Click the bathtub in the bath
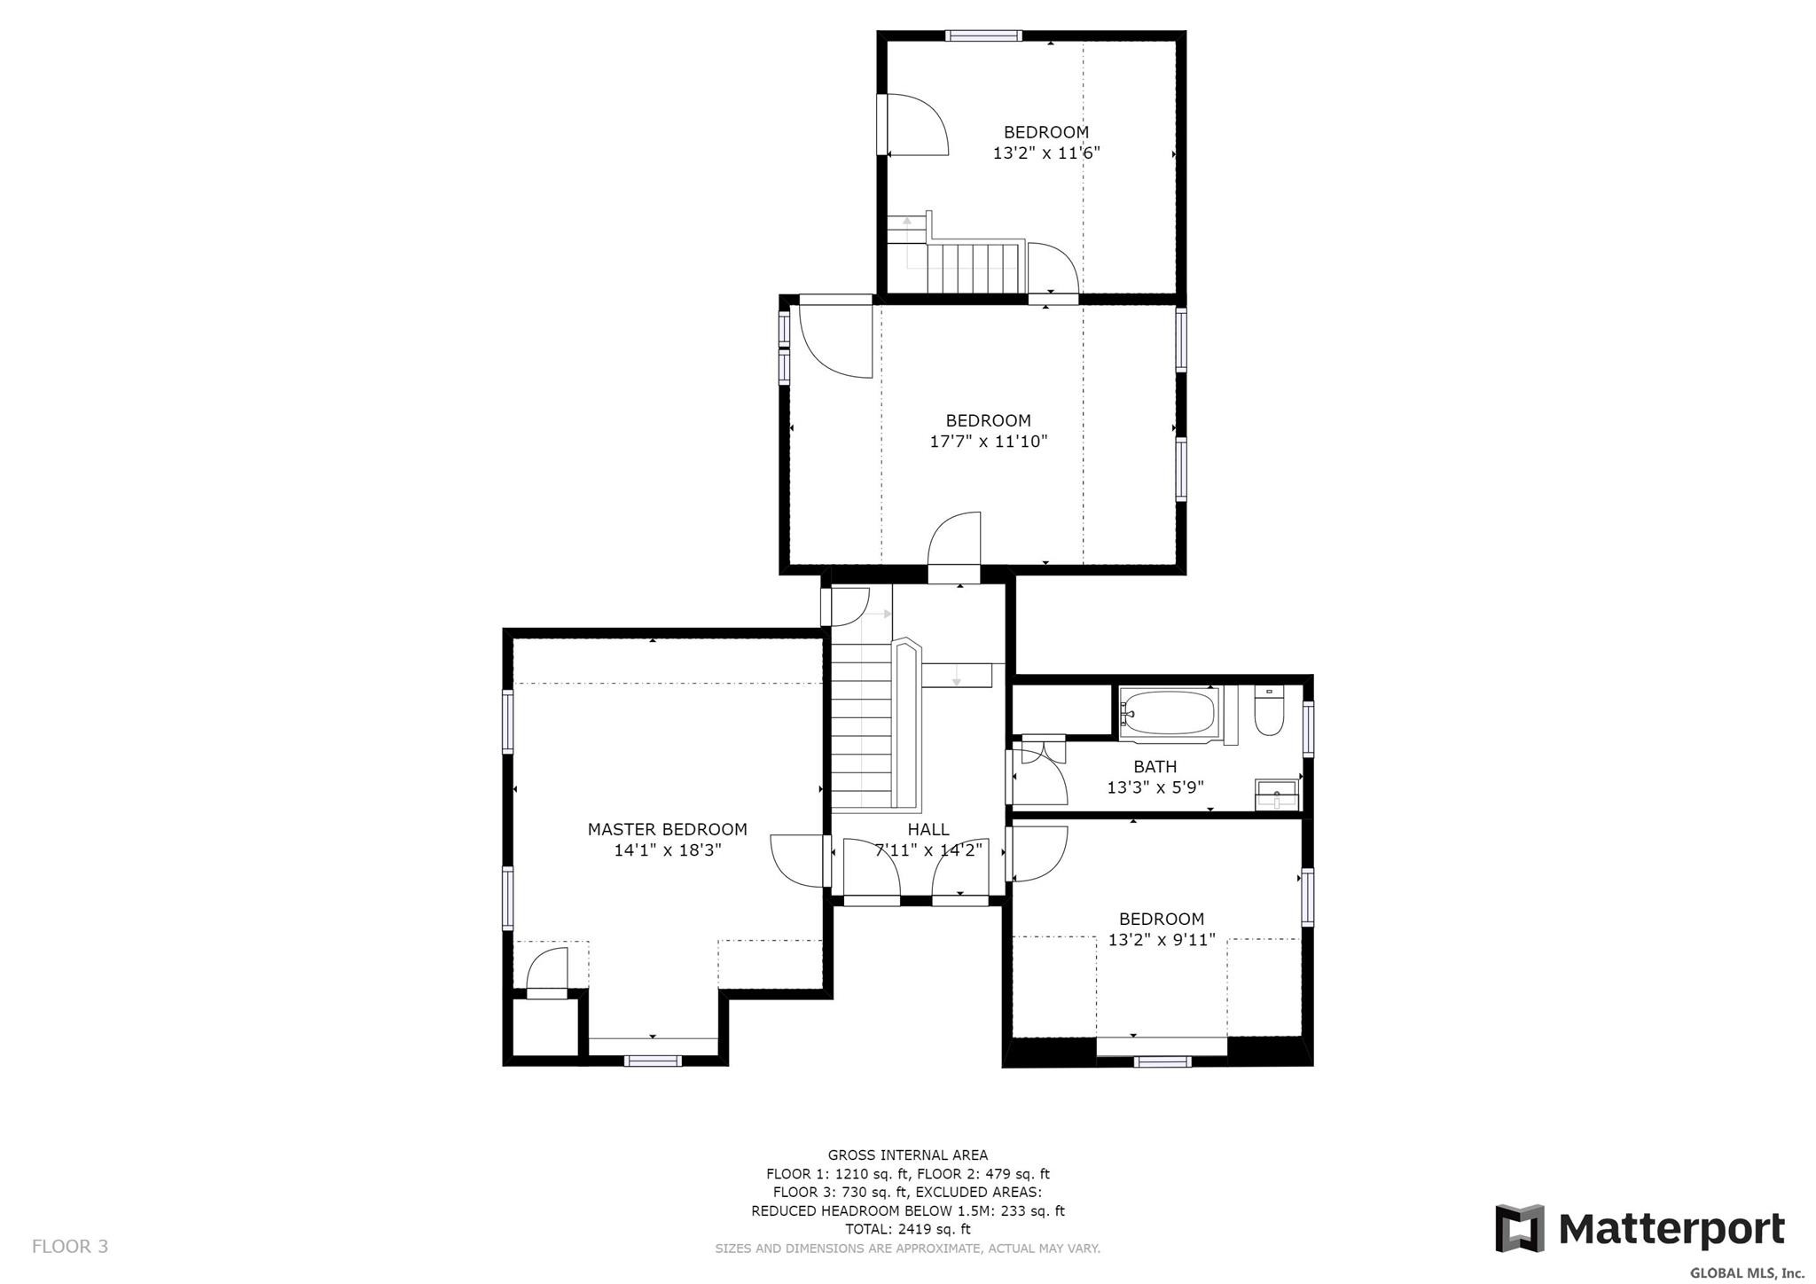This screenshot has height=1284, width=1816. coord(1169,712)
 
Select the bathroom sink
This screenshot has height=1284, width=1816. coord(1276,794)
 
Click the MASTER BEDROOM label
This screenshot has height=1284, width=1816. coord(667,829)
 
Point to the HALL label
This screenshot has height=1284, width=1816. coord(928,829)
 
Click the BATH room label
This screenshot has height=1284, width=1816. coord(1155,766)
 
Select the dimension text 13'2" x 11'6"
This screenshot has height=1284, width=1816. coord(1046,153)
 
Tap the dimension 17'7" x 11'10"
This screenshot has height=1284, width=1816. coord(988,441)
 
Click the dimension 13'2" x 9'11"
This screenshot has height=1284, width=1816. coord(1162,939)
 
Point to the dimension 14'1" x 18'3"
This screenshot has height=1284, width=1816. coord(668,849)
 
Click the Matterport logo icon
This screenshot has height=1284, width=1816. coord(1519,1228)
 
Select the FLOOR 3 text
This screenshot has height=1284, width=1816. coord(70,1246)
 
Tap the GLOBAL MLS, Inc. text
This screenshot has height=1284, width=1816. coord(1747,1272)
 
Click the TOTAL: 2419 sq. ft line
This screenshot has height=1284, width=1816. coord(908,1229)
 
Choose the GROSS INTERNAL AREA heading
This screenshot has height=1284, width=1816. coord(908,1155)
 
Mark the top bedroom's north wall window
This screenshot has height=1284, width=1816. coord(982,36)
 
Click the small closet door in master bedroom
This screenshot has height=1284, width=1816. coord(546,972)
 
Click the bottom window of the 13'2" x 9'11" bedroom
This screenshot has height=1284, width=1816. coord(1162,1061)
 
